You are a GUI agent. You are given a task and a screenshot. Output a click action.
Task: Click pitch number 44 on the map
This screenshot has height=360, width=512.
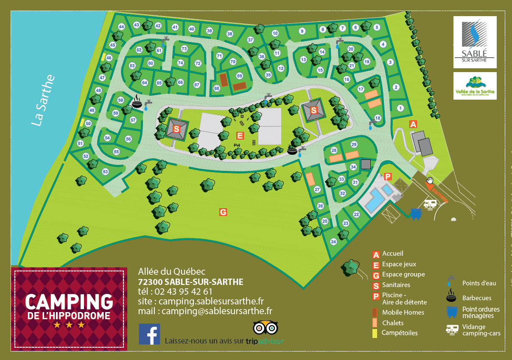tap(121, 27)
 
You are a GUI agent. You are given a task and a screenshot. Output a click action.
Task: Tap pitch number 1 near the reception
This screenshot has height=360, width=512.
tap(400, 109)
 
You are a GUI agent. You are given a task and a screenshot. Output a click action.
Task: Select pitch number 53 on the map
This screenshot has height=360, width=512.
tap(105, 172)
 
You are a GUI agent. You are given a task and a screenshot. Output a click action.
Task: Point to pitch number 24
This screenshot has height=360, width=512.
tap(333, 242)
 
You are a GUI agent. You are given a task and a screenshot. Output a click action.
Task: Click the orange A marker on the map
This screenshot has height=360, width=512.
tap(413, 124)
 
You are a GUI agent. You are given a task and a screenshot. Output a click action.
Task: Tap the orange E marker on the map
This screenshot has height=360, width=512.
tap(240, 136)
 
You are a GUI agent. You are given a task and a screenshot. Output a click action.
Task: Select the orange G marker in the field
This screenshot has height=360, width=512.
tap(223, 212)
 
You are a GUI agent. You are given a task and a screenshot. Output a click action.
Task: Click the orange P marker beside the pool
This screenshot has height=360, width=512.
tap(388, 176)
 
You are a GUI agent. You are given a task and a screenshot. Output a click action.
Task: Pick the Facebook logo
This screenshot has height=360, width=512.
tap(149, 334)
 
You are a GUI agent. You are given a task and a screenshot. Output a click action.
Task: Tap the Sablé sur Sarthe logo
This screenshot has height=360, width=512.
tap(475, 42)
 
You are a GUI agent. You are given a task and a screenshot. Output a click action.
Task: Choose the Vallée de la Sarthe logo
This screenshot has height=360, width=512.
tap(475, 86)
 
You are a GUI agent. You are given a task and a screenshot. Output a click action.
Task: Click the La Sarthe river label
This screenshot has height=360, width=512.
tap(44, 100)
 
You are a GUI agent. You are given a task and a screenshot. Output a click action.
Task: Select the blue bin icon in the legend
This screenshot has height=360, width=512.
tap(452, 312)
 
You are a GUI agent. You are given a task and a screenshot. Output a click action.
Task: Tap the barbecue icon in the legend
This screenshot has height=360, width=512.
tap(452, 294)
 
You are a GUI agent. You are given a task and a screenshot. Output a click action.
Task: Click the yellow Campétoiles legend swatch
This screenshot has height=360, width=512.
tap(375, 333)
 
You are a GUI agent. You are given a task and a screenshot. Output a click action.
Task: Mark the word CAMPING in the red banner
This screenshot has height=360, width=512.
tap(69, 301)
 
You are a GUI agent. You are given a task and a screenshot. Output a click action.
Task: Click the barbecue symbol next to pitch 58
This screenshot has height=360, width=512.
tap(137, 103)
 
